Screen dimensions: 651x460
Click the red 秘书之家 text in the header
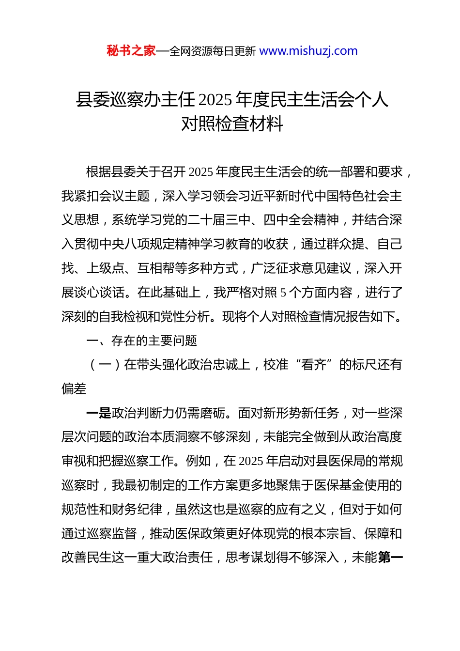coord(131,51)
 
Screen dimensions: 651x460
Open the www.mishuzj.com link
coord(308,51)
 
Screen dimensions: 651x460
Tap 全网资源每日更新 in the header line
coord(213,51)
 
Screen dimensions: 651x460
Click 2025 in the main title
coord(215,100)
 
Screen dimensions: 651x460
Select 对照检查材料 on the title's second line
coord(232,124)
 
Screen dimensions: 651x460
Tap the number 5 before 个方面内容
coord(283,293)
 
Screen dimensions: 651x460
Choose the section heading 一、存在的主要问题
coord(141,341)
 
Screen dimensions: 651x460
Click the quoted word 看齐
coord(314,365)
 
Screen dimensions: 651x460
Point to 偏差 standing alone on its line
coord(74,389)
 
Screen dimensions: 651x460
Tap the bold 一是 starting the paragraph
coord(99,413)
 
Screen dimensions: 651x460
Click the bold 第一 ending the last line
coord(390,558)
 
